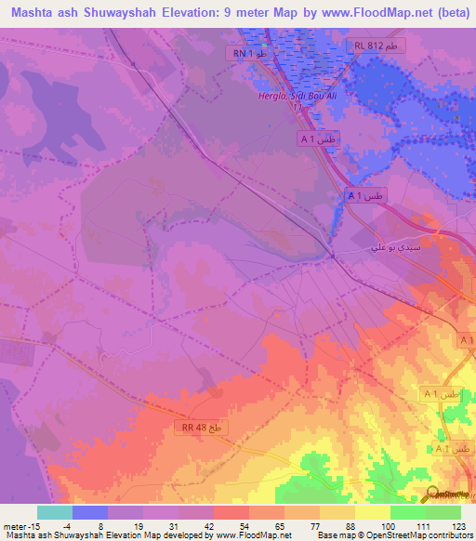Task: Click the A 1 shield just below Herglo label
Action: [317, 139]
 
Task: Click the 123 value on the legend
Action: [459, 525]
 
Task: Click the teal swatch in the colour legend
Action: [55, 512]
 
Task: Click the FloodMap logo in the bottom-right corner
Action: [445, 494]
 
